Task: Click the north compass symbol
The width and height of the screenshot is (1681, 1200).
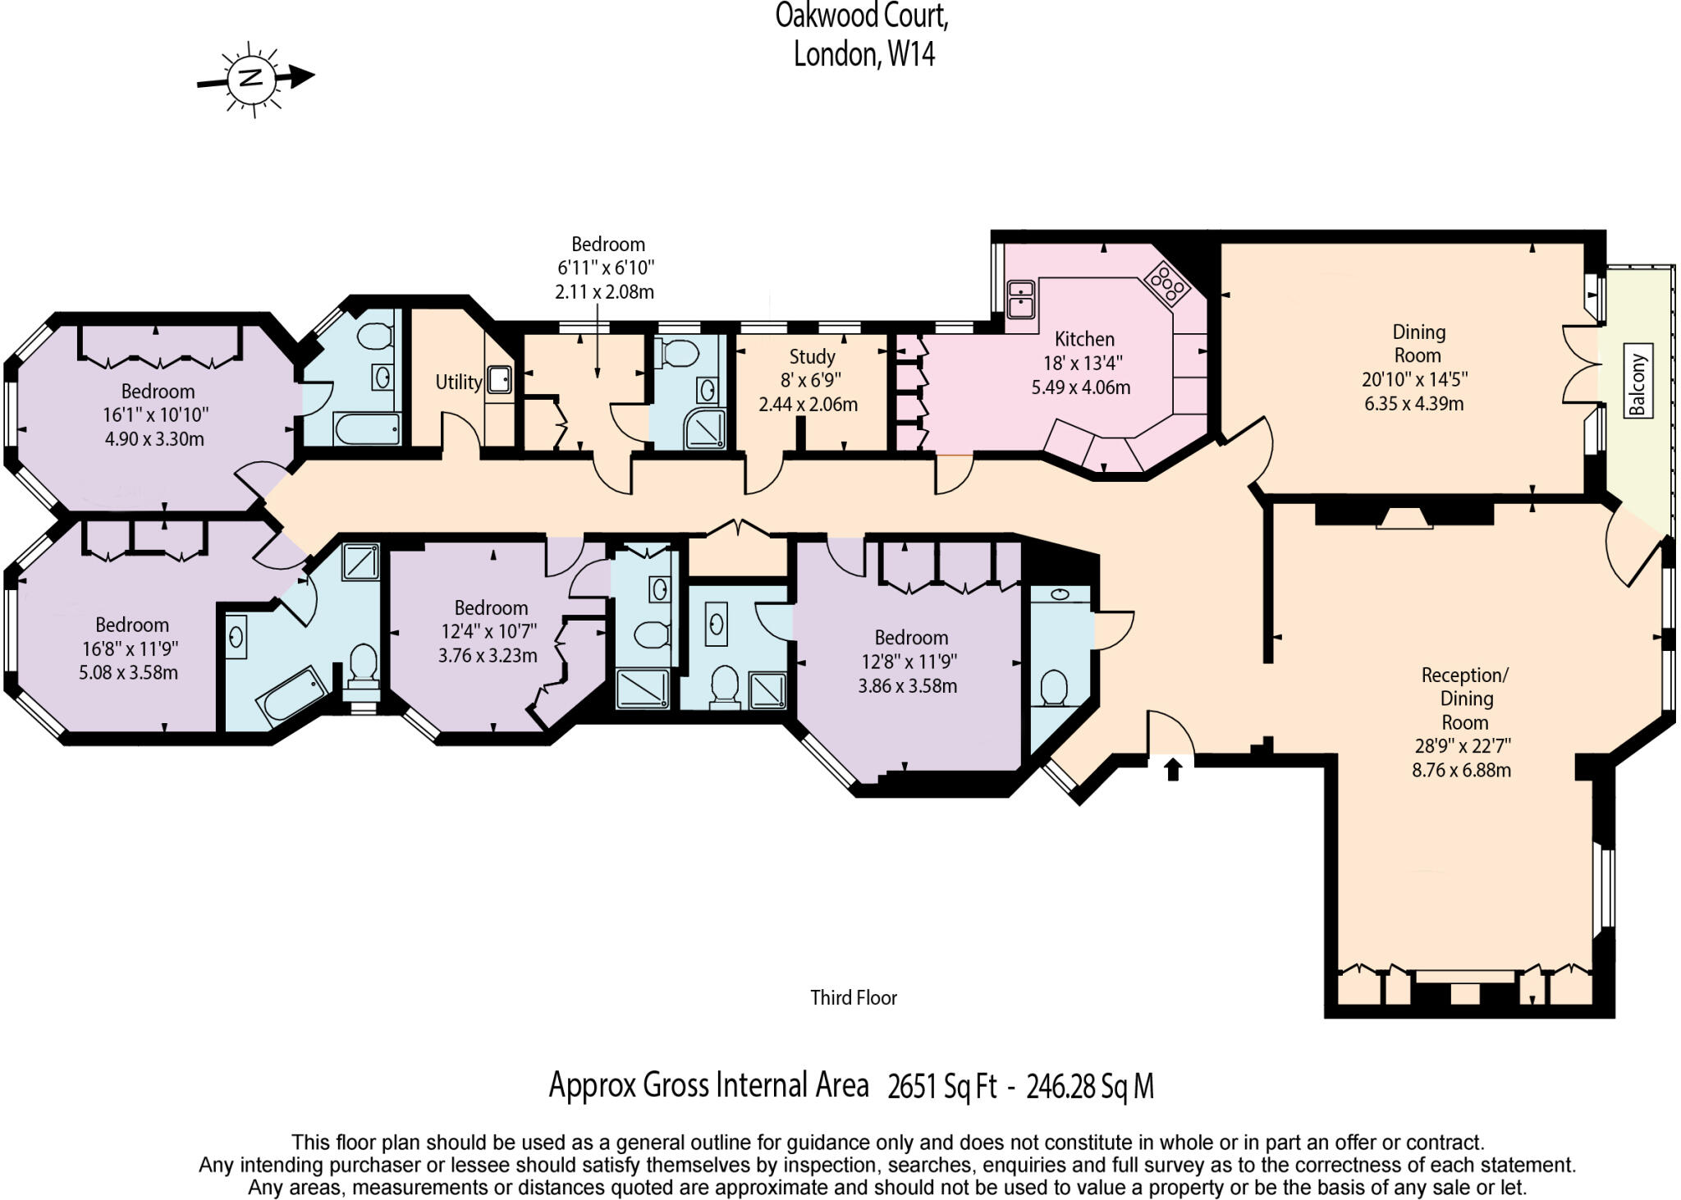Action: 251,79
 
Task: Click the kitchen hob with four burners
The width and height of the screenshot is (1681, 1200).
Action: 1168,283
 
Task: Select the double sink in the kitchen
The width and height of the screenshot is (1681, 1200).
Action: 1020,299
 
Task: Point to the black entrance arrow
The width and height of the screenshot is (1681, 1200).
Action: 1173,769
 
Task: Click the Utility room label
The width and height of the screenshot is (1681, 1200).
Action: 458,382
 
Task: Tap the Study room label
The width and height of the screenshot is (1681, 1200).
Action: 812,357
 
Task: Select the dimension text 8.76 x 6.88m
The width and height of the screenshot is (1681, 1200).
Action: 1461,770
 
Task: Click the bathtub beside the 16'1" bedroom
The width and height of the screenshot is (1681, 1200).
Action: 367,428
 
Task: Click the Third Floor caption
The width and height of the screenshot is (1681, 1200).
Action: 854,997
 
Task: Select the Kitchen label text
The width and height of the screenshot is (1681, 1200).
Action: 1084,339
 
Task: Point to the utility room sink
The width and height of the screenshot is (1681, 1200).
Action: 499,379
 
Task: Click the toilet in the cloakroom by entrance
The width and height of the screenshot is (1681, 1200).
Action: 1053,688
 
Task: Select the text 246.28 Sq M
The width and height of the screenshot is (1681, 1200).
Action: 1090,1087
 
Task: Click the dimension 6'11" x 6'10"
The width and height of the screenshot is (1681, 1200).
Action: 606,268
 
